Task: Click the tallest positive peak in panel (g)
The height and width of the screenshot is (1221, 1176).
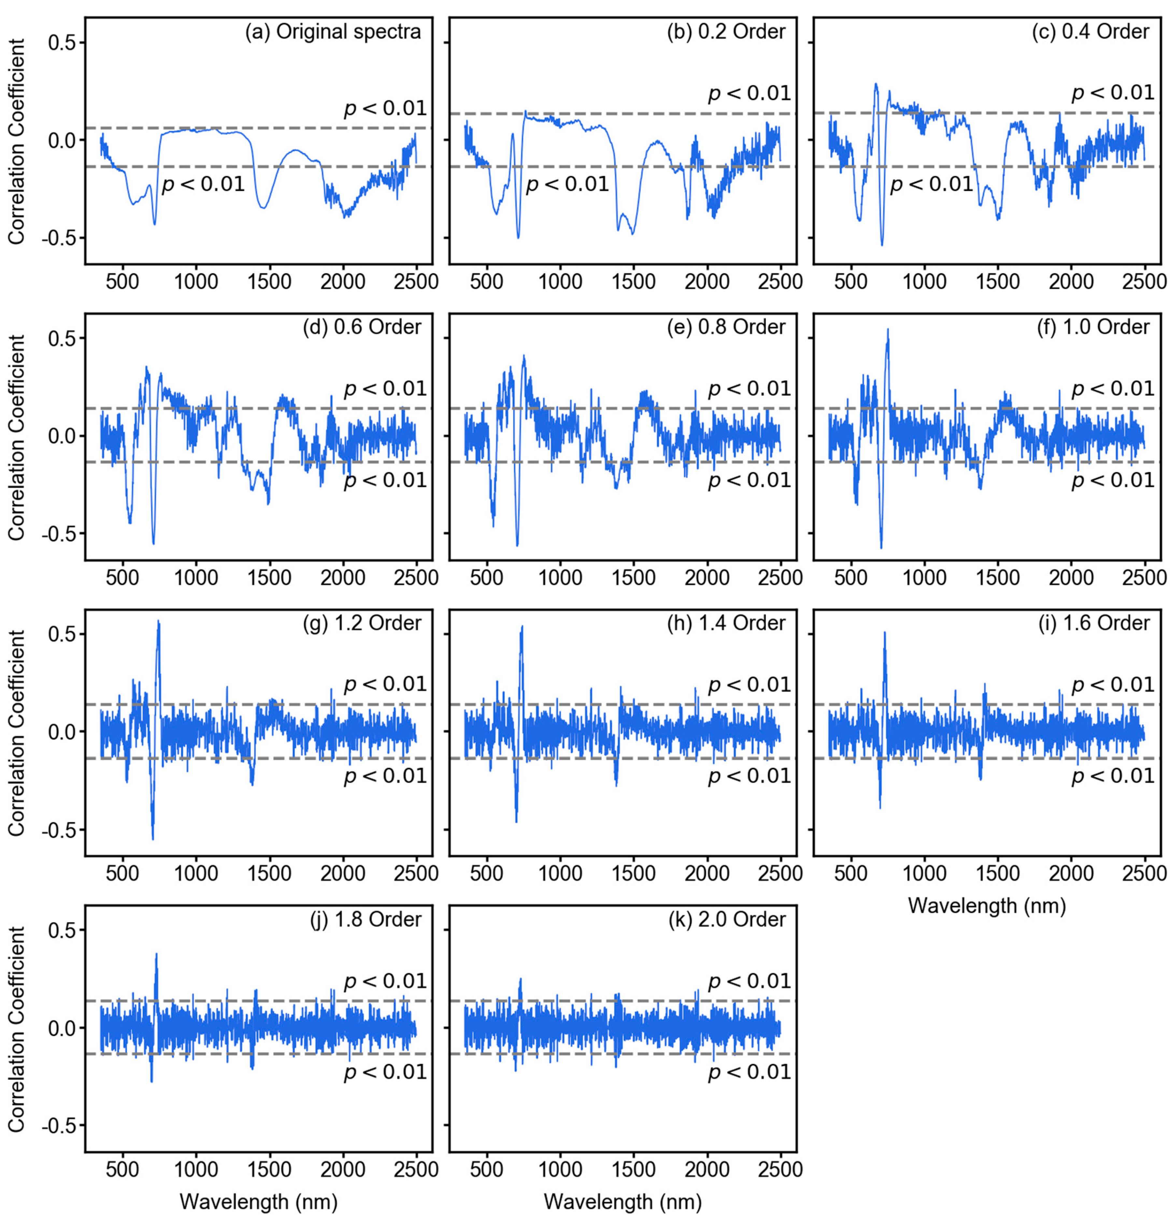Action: click(x=158, y=622)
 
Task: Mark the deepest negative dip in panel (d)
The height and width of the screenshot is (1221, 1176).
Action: click(x=153, y=543)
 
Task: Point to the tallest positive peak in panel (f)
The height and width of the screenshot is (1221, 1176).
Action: click(x=887, y=330)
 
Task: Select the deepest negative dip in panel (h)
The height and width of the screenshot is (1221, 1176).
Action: click(x=517, y=821)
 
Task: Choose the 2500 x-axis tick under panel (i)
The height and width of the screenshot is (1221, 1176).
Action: click(x=1144, y=873)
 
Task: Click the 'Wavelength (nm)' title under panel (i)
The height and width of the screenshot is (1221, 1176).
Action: click(x=987, y=905)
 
